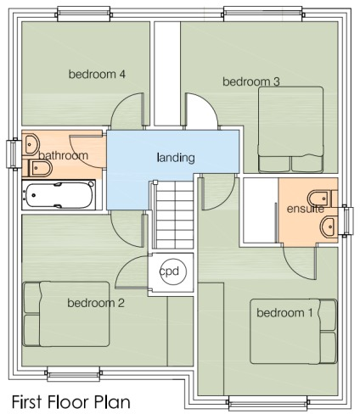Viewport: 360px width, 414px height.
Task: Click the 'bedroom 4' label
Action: (x=97, y=75)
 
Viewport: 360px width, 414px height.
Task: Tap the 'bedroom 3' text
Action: (x=251, y=81)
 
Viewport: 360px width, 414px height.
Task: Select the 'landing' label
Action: (x=176, y=157)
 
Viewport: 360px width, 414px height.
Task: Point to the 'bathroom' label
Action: (x=63, y=156)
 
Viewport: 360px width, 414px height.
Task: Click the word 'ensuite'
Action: (x=304, y=208)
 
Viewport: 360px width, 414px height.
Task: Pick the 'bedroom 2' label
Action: (x=96, y=303)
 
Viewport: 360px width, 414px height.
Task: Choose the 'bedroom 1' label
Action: (x=284, y=313)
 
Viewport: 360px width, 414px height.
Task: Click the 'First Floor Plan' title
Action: (x=70, y=400)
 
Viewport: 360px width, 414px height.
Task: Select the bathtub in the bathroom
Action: (x=59, y=195)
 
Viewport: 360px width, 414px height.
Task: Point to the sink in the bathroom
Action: (x=32, y=143)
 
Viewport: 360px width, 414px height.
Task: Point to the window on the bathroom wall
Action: (x=12, y=154)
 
